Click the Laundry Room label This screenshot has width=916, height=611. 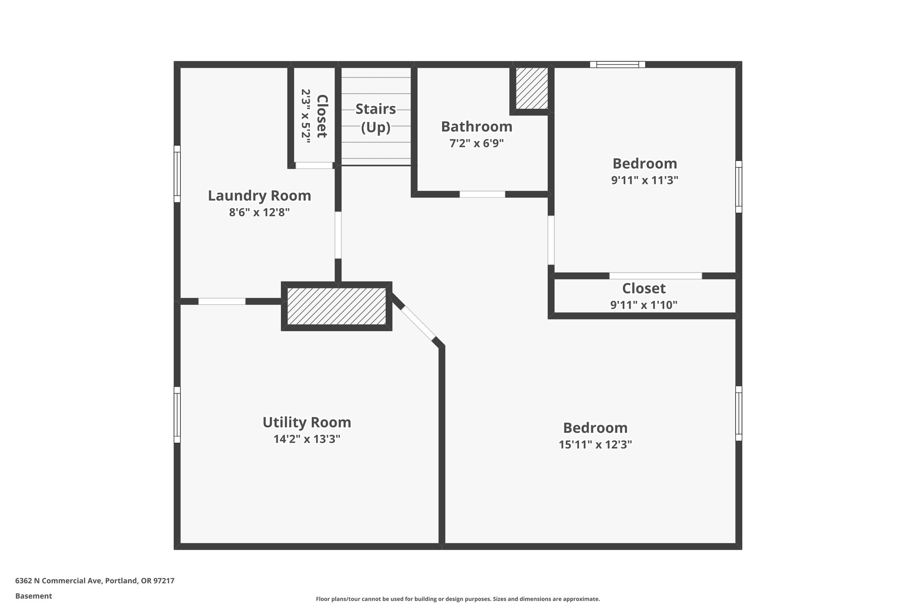[259, 196]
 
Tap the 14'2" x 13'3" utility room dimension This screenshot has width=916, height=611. [307, 439]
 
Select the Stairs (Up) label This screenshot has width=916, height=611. [376, 118]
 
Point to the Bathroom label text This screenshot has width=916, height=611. [476, 127]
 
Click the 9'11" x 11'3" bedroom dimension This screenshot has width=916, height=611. [645, 180]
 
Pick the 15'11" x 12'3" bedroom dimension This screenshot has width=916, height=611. [595, 444]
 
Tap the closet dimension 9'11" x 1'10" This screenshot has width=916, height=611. [644, 305]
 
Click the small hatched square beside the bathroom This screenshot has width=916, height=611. [532, 88]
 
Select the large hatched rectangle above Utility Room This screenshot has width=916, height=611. [336, 306]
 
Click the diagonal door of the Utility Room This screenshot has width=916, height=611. [418, 322]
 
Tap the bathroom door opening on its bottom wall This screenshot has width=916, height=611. [482, 194]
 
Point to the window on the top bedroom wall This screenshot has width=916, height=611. [617, 64]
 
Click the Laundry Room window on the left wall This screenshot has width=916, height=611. [177, 174]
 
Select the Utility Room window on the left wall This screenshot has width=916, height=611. [177, 414]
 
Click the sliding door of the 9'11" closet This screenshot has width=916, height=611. [655, 276]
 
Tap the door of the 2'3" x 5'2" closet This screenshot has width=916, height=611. [314, 165]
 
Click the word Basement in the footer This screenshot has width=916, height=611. [34, 596]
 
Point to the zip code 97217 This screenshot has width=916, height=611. [164, 581]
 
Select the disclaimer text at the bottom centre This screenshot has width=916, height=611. [458, 599]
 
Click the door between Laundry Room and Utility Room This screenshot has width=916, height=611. [222, 301]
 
